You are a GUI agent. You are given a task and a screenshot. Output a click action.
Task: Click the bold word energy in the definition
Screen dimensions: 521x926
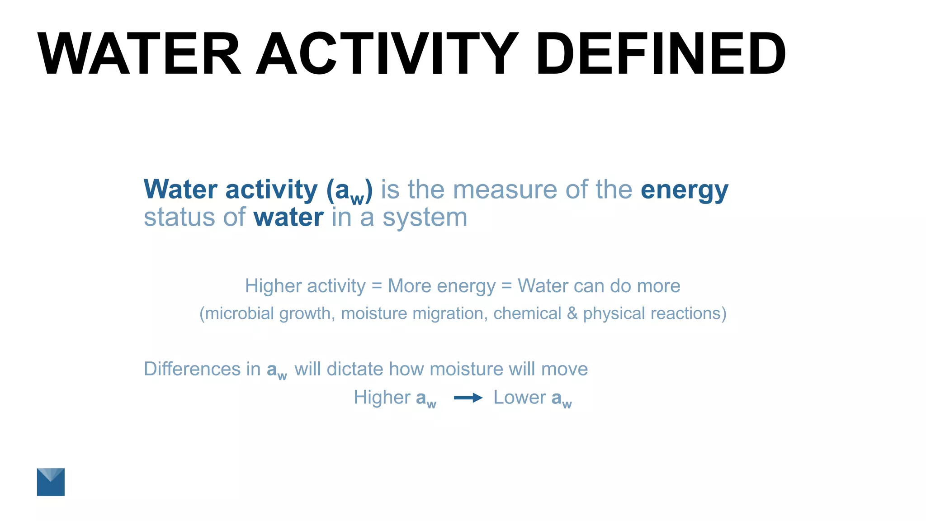(684, 190)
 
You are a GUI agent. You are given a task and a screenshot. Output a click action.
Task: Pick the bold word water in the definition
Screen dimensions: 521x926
(288, 218)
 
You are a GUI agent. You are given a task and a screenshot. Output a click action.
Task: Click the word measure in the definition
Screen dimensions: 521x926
(505, 189)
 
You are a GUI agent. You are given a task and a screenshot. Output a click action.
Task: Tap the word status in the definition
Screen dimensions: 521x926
(179, 218)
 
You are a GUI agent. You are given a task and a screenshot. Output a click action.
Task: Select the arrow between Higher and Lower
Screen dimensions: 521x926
(468, 398)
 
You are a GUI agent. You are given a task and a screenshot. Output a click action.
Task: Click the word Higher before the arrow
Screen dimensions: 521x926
(382, 398)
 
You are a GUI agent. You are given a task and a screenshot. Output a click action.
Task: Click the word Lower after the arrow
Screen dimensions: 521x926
(520, 398)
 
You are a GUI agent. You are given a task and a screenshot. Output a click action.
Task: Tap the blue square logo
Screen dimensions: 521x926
(51, 482)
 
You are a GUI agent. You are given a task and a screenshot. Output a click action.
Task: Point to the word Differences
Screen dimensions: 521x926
(192, 369)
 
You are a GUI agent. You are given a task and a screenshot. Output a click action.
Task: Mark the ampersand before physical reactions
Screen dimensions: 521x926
(572, 313)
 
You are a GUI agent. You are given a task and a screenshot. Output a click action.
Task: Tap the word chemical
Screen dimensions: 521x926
(527, 313)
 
